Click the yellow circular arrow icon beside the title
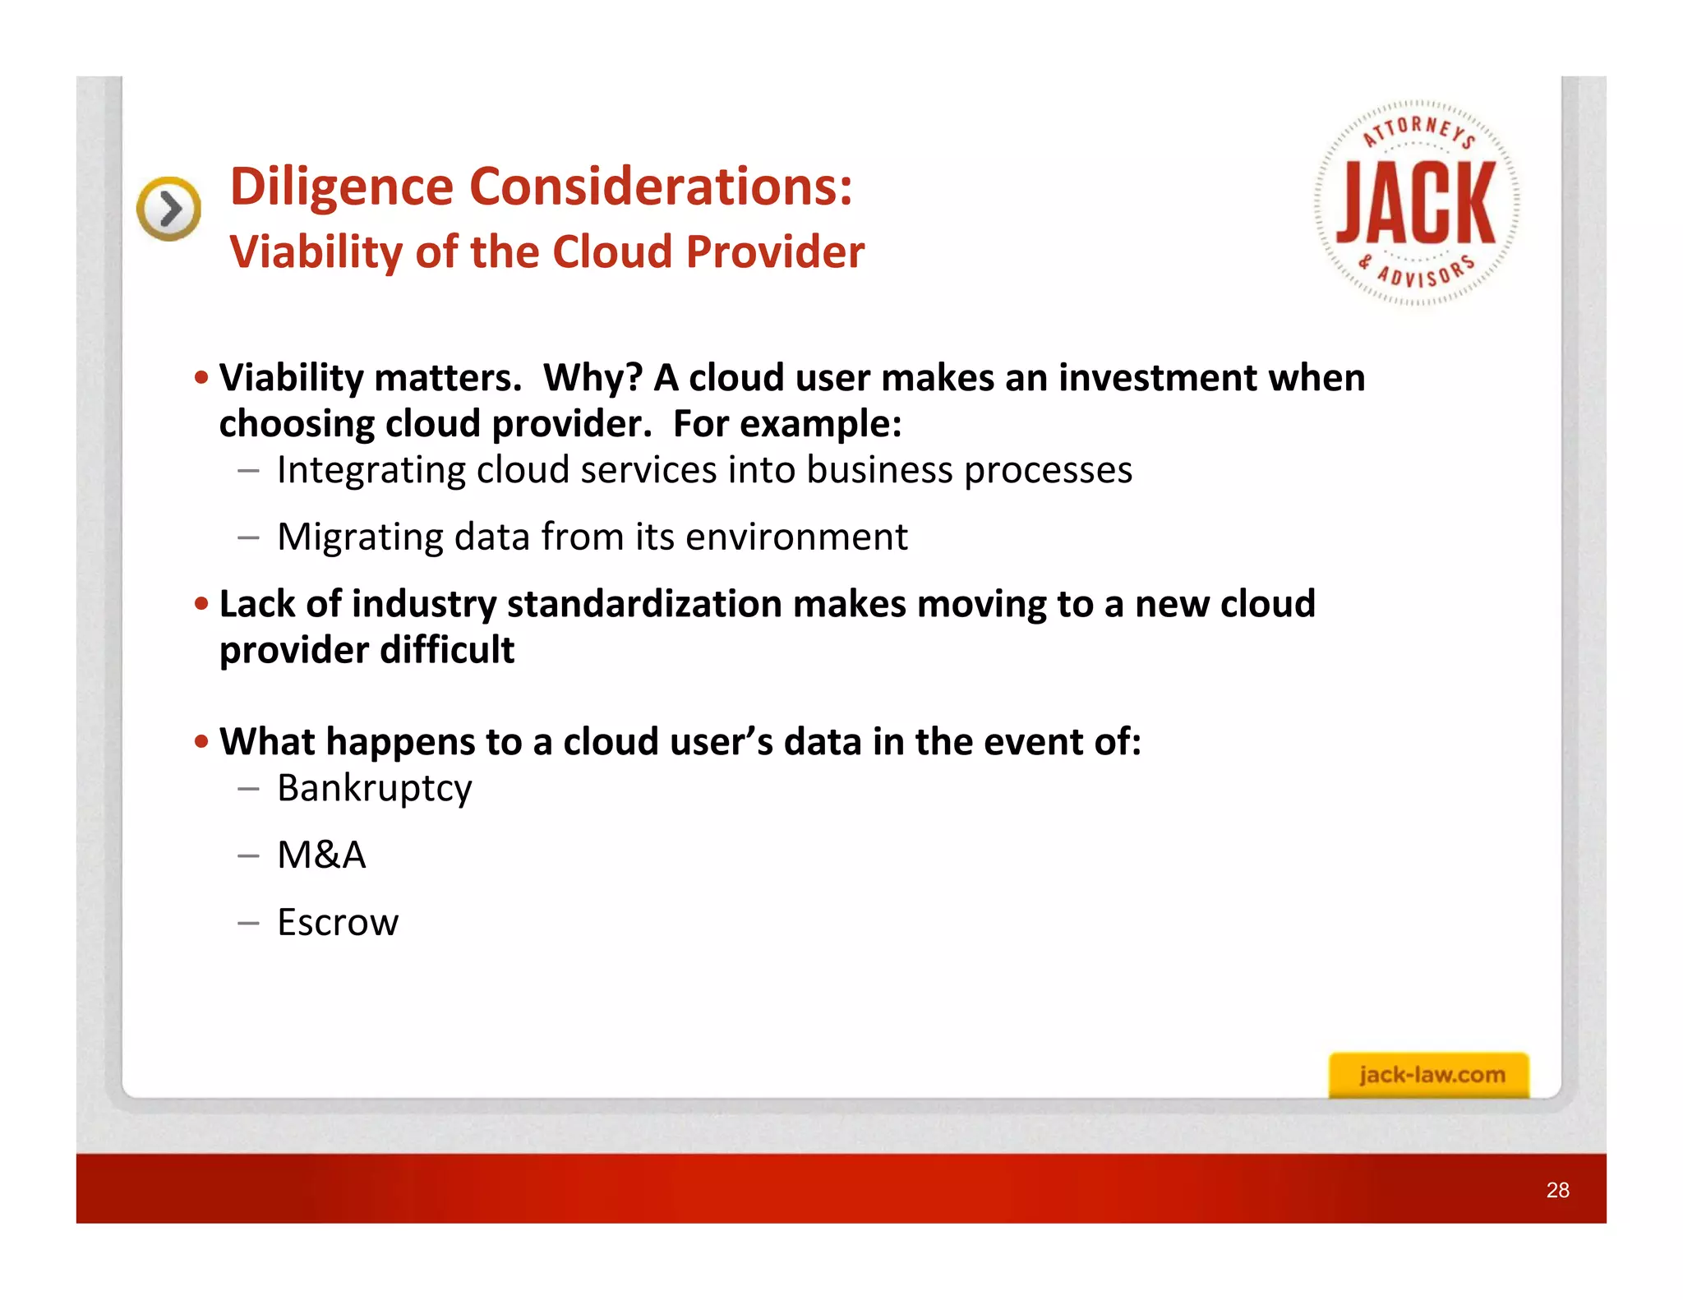[x=168, y=209]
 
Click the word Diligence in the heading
[x=341, y=187]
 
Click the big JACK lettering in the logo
[x=1416, y=203]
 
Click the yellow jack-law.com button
[x=1429, y=1075]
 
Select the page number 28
[x=1557, y=1190]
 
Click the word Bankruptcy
[x=375, y=789]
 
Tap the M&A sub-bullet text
[x=321, y=855]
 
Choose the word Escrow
[x=338, y=923]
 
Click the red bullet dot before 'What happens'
[x=201, y=742]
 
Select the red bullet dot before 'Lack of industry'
[x=201, y=604]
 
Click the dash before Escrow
[x=248, y=923]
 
